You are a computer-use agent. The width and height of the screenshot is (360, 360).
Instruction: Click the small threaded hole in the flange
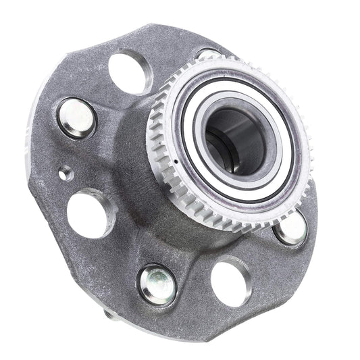[x=66, y=173]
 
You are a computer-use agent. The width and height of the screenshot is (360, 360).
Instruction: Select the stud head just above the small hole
[x=76, y=117]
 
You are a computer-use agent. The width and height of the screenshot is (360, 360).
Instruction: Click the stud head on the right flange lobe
[x=291, y=228]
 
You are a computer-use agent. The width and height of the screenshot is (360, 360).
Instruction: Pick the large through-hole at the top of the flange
[x=130, y=72]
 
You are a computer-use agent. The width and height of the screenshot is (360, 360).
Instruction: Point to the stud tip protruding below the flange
[x=109, y=315]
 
